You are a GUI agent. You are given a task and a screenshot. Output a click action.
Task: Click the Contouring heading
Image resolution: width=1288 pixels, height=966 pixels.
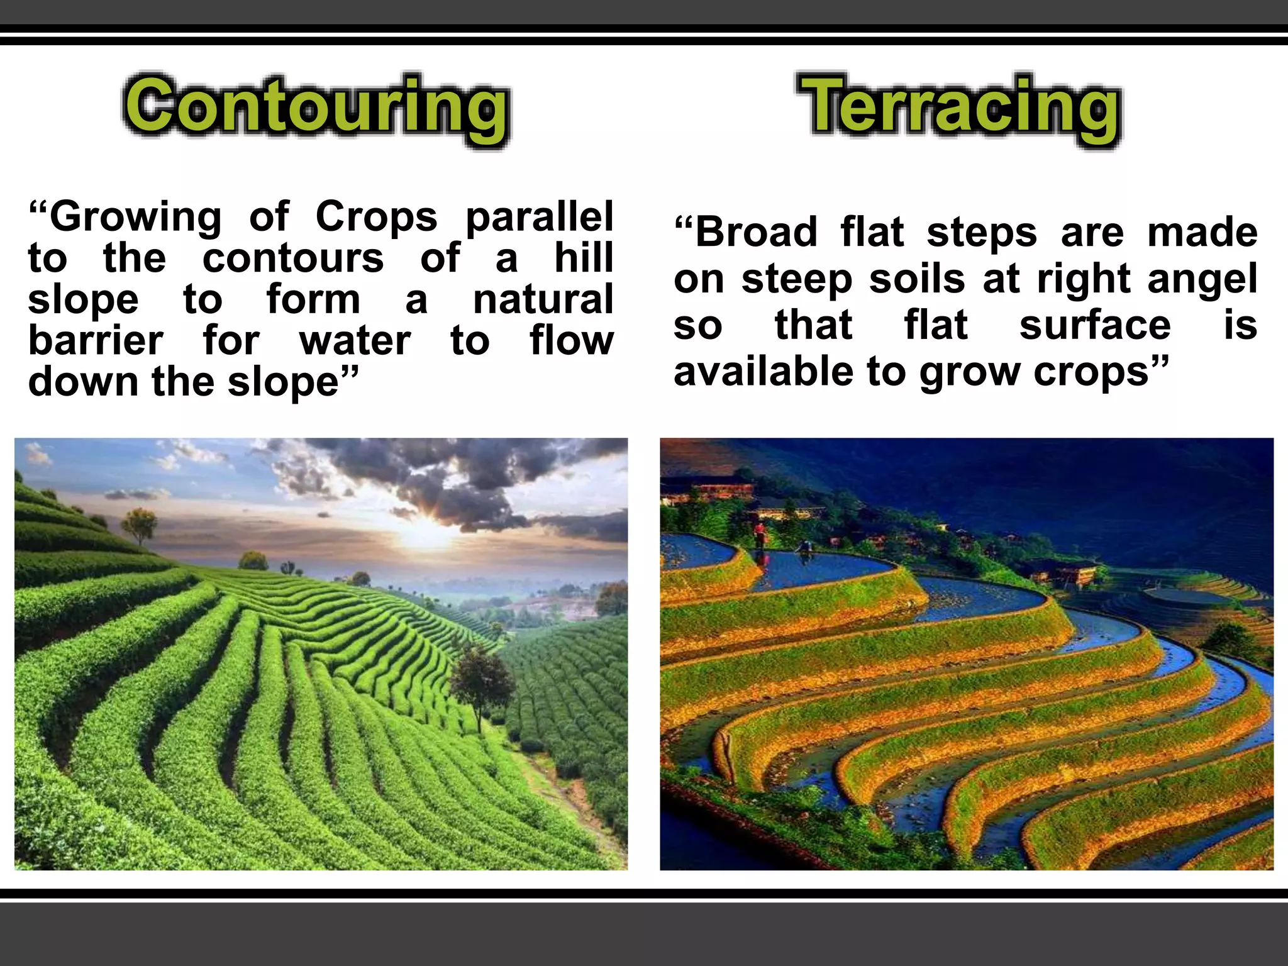pos(316,107)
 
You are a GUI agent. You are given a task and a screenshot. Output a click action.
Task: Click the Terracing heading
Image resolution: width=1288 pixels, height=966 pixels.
pos(959,107)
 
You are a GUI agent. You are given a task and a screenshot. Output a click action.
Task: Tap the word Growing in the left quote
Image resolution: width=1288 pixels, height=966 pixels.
pos(135,217)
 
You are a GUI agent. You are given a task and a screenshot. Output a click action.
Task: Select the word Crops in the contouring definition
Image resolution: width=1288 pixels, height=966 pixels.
pos(375,217)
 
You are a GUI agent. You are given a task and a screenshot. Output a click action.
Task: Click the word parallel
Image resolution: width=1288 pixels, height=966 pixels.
pos(539,217)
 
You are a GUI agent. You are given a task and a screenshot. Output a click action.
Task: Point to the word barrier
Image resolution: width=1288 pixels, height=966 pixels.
pos(96,341)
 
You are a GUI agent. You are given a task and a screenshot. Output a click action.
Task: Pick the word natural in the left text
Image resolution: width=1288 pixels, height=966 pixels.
pos(543,299)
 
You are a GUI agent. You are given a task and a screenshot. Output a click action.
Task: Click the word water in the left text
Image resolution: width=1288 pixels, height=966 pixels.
pos(355,341)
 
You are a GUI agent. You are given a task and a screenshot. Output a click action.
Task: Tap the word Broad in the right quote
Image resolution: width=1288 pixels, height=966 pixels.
pos(756,232)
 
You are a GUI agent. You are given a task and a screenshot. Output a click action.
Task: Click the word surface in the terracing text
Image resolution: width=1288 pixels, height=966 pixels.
pos(1094,325)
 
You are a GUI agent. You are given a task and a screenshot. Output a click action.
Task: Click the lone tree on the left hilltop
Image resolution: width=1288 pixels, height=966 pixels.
pos(140,524)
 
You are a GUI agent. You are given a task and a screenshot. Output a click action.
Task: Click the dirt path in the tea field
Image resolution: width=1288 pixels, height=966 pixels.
pos(566,792)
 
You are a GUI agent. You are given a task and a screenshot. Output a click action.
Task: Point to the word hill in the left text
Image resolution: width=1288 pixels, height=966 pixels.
pos(583,258)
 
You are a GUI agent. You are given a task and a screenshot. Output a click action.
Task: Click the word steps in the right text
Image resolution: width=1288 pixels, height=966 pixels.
pos(981,232)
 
